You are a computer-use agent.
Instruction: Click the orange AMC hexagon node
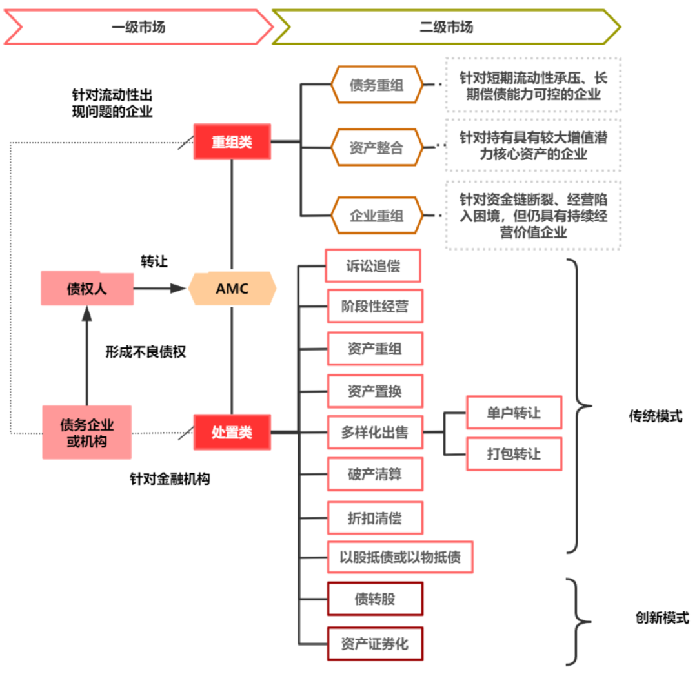coord(232,289)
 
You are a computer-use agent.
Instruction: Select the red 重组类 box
coord(232,142)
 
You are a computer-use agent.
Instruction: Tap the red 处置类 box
coord(232,433)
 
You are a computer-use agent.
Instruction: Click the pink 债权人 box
coord(87,289)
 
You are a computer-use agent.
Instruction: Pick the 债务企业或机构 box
coord(87,433)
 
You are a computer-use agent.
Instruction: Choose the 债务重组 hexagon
coord(376,85)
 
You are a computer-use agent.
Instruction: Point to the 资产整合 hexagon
coord(376,148)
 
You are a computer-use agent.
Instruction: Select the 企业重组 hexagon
coord(376,214)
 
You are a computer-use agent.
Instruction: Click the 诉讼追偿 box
coord(373,265)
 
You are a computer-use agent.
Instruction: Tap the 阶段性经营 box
coord(375,306)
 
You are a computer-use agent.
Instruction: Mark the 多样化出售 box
coord(375,432)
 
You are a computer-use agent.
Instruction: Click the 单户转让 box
coord(514,412)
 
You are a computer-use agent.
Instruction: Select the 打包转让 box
coord(514,454)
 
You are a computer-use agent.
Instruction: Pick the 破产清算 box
coord(375,475)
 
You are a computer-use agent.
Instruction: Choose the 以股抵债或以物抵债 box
coord(400,557)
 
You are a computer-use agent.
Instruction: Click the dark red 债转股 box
coord(375,599)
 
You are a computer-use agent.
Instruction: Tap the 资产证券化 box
coord(375,643)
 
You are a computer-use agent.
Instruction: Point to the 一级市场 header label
coord(138,26)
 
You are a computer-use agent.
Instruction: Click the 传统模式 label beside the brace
coord(655,416)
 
